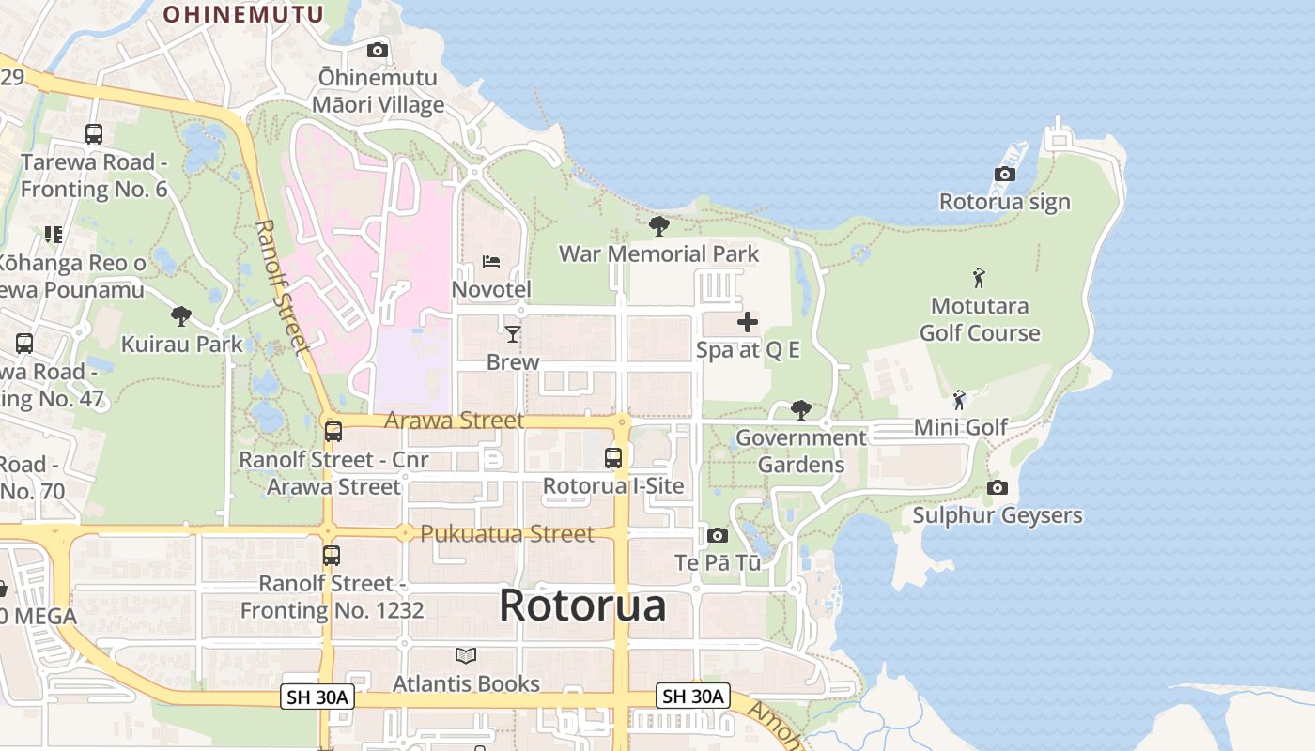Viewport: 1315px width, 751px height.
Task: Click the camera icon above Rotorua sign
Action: click(1005, 175)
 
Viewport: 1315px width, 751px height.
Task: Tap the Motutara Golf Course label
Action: click(980, 319)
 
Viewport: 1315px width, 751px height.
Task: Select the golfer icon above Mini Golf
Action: click(959, 400)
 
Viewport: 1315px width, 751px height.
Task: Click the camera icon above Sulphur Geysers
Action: click(998, 487)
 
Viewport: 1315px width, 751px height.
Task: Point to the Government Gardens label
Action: click(800, 451)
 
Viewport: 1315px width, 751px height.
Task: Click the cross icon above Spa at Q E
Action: click(748, 323)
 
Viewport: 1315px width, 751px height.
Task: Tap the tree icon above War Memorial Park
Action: click(658, 226)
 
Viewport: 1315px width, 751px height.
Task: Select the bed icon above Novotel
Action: click(491, 262)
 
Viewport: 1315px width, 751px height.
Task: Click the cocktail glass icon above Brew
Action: click(513, 334)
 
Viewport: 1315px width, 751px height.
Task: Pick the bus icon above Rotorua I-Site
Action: click(613, 458)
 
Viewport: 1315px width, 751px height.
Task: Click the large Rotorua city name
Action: click(582, 605)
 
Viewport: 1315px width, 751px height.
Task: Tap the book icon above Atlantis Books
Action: click(466, 655)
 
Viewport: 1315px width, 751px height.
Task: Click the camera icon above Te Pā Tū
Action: click(718, 535)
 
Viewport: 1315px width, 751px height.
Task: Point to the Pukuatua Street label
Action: click(507, 533)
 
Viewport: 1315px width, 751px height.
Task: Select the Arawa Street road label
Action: click(454, 420)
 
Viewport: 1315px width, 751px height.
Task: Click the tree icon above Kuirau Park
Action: click(181, 316)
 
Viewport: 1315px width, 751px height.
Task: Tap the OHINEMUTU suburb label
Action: click(243, 14)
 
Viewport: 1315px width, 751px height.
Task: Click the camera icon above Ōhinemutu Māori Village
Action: click(378, 51)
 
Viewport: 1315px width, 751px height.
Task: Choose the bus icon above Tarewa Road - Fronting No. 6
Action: click(94, 134)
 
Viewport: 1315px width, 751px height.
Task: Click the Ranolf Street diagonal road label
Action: click(282, 286)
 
